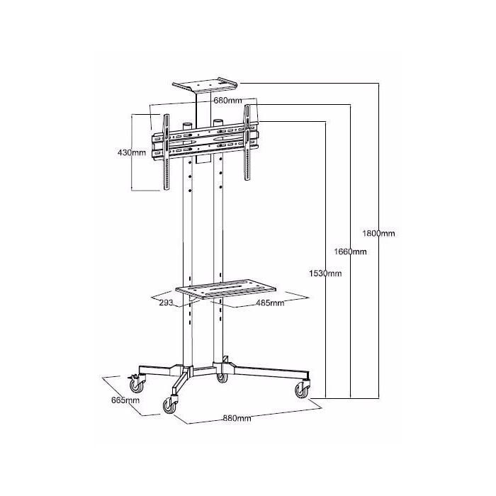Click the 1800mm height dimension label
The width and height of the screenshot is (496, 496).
(378, 233)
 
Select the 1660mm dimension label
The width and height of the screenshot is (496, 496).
(351, 252)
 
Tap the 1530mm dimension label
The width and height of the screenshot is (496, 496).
(325, 274)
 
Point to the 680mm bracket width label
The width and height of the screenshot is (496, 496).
(227, 101)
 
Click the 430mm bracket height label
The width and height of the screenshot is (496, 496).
(132, 153)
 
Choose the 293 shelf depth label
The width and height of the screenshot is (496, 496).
(166, 303)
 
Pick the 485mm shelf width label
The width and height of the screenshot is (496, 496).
(270, 303)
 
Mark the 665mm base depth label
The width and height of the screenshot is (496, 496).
(125, 400)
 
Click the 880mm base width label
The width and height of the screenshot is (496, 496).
(237, 418)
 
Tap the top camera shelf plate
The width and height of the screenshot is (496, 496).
(205, 85)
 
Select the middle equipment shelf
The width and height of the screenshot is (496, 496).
(226, 289)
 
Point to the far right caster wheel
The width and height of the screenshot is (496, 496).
(302, 390)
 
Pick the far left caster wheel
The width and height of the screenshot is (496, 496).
(136, 385)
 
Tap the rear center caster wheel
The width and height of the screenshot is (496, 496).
(222, 378)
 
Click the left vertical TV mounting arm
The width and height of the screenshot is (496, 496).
(166, 152)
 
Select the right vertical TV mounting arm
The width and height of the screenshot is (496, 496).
(247, 142)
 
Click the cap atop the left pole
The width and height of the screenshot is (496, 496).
(187, 126)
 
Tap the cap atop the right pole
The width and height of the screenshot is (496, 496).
(218, 123)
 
